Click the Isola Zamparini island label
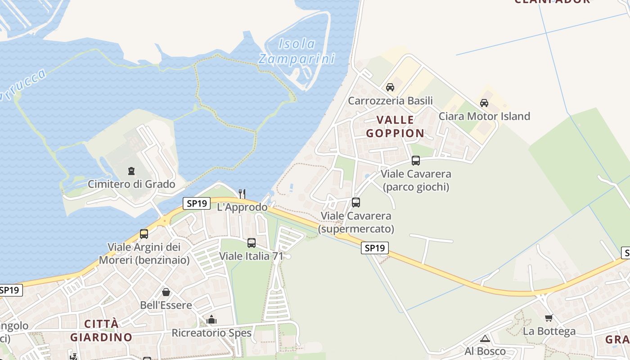[297, 51]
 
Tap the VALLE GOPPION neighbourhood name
[395, 126]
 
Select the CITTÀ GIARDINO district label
[101, 330]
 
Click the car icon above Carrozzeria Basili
[390, 87]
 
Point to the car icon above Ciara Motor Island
[484, 103]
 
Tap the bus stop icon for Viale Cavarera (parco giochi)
[416, 161]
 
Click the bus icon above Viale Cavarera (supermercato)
[356, 202]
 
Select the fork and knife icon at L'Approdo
[242, 193]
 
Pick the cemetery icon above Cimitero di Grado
[131, 171]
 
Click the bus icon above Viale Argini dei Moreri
[144, 234]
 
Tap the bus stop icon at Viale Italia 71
[252, 243]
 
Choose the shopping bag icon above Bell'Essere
[166, 292]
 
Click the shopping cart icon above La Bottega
[549, 318]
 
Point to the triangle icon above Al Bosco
[485, 338]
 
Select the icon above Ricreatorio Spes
[211, 320]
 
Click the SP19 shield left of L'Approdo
[197, 203]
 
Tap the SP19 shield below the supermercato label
[375, 247]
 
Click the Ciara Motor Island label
[484, 116]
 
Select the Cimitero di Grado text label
[131, 184]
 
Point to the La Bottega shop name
[549, 332]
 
